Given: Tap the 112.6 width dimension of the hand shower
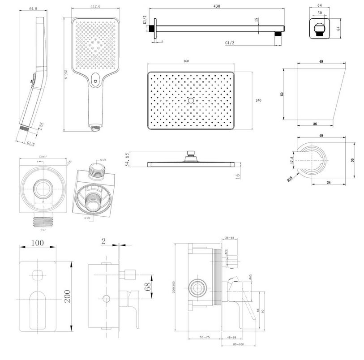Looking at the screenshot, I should (x=94, y=6).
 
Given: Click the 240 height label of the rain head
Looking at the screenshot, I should (x=258, y=100).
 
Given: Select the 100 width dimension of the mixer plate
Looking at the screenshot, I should (x=38, y=243).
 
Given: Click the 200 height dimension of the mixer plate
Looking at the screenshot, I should (x=68, y=296).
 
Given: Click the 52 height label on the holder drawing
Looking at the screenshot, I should (x=283, y=94).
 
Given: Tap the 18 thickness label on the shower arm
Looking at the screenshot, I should (x=256, y=20).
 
